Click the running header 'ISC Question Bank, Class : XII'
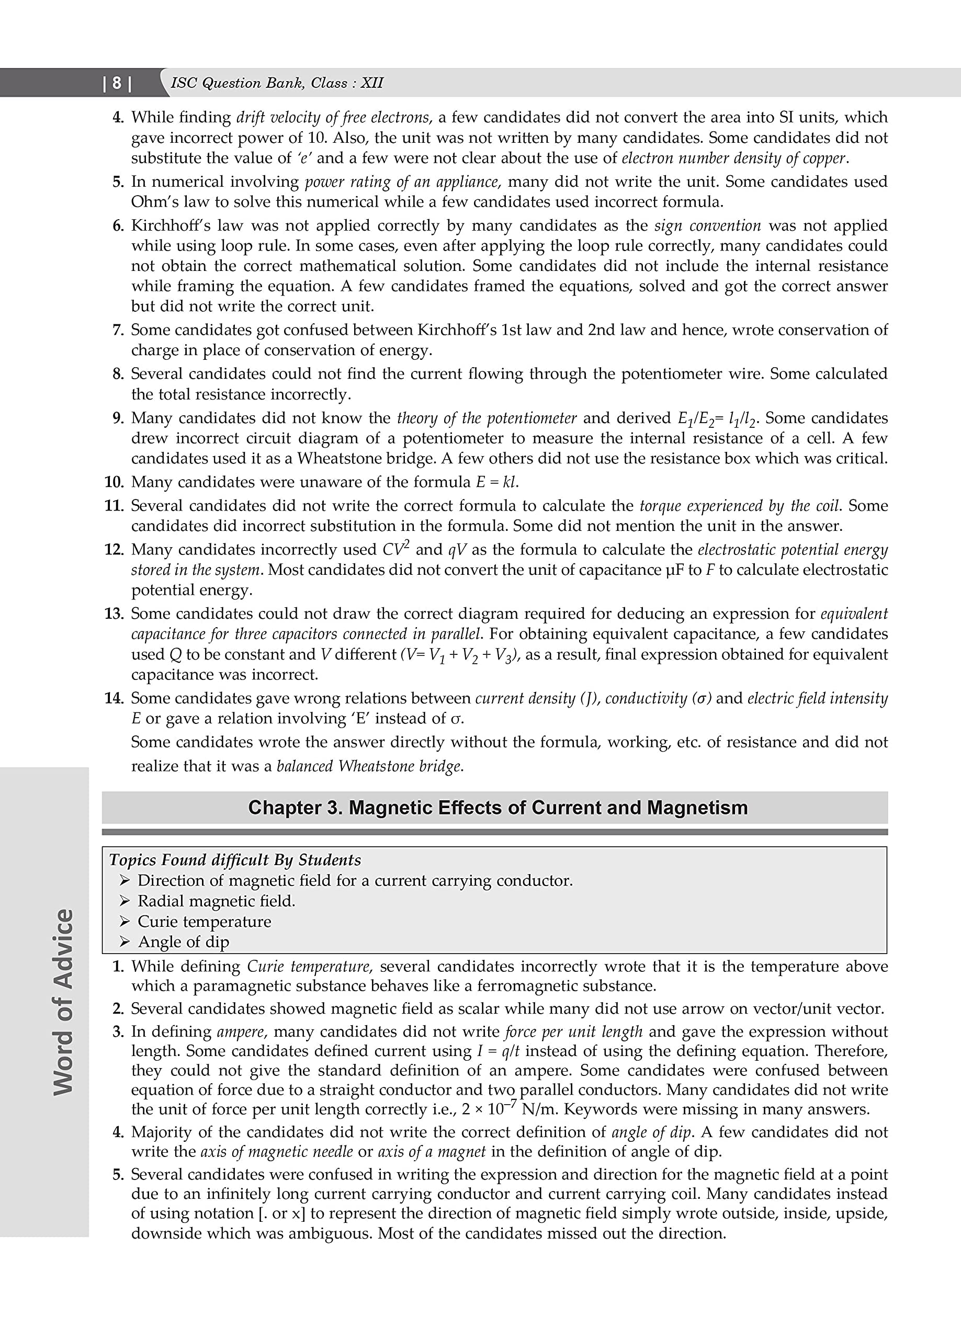click(276, 83)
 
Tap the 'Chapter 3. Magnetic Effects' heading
click(498, 807)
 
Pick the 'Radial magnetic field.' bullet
click(216, 901)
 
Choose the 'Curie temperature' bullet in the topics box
click(205, 922)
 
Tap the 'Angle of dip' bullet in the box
click(183, 942)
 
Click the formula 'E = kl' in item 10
click(496, 482)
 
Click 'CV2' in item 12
click(395, 549)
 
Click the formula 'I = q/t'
click(498, 1051)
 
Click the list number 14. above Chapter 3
click(114, 698)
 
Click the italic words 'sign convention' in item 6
click(708, 225)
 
